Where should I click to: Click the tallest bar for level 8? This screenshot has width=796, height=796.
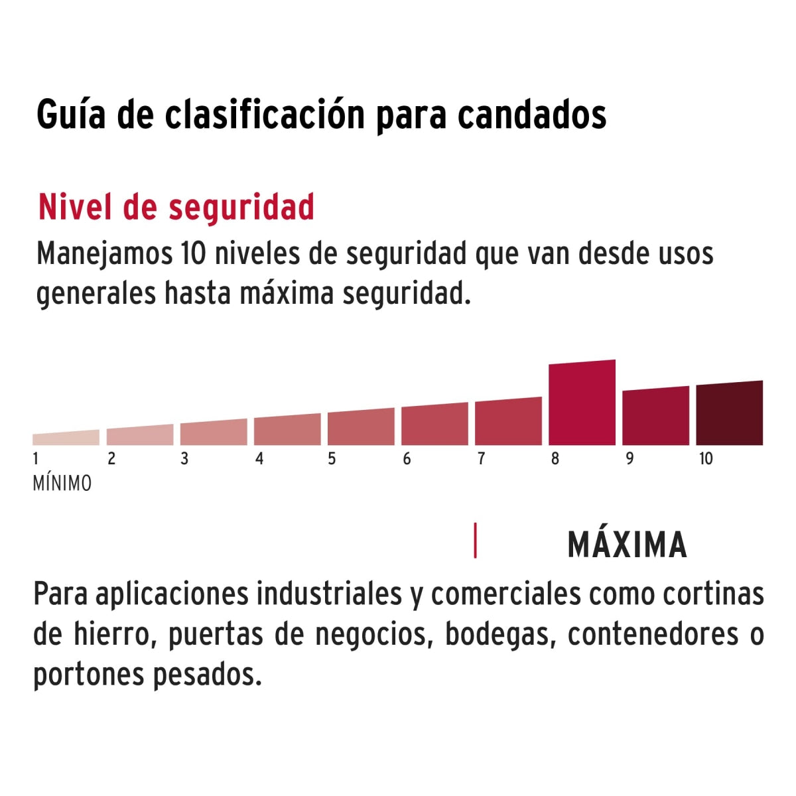(582, 403)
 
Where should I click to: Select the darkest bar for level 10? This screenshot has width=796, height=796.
(729, 414)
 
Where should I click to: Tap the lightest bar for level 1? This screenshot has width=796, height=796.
(66, 438)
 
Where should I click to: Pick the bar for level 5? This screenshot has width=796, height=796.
(361, 427)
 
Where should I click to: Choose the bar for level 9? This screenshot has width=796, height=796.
(655, 417)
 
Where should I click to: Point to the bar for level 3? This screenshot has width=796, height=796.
(214, 432)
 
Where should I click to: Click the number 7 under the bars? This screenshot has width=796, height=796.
(481, 458)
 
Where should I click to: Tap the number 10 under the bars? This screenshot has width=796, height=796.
(705, 458)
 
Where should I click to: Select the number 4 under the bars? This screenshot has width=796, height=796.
(259, 458)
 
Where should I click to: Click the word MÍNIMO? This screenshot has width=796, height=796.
(62, 484)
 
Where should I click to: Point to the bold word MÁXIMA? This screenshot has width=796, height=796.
(627, 545)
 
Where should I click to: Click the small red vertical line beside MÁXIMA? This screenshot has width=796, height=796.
(475, 541)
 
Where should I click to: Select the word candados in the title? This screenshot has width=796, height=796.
(532, 115)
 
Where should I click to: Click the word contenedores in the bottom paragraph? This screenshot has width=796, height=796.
(653, 634)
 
